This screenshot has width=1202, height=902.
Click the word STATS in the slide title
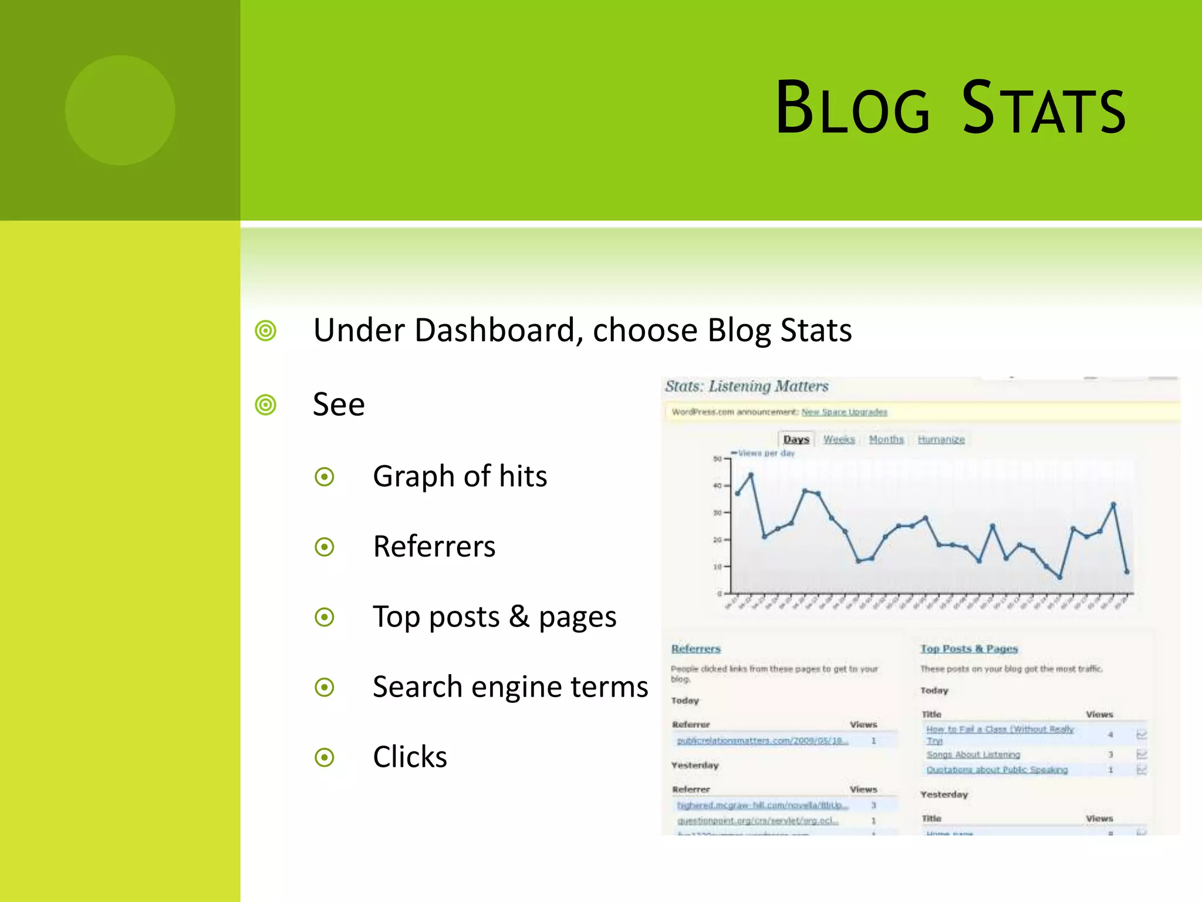click(x=1044, y=109)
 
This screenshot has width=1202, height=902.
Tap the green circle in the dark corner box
click(x=120, y=110)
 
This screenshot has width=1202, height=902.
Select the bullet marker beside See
click(x=266, y=405)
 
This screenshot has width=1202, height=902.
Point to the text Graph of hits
click(x=460, y=476)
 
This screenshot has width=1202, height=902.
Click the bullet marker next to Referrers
click(x=325, y=547)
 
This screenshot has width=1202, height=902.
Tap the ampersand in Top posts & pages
click(x=519, y=617)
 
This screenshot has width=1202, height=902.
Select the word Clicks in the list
click(x=410, y=756)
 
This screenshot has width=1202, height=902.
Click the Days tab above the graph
click(x=796, y=439)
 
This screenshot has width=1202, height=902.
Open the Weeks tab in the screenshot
click(x=839, y=439)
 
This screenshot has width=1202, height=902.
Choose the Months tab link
click(x=886, y=439)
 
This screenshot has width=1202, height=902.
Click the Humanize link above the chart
click(x=941, y=439)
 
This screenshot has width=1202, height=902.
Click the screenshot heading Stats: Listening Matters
click(x=747, y=386)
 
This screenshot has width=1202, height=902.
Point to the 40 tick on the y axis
click(x=717, y=486)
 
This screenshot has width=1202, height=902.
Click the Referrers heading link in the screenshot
click(x=695, y=648)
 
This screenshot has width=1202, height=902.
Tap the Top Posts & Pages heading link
click(x=968, y=648)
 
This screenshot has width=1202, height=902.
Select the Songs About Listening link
click(x=973, y=755)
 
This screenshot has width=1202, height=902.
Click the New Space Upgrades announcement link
click(x=844, y=412)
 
